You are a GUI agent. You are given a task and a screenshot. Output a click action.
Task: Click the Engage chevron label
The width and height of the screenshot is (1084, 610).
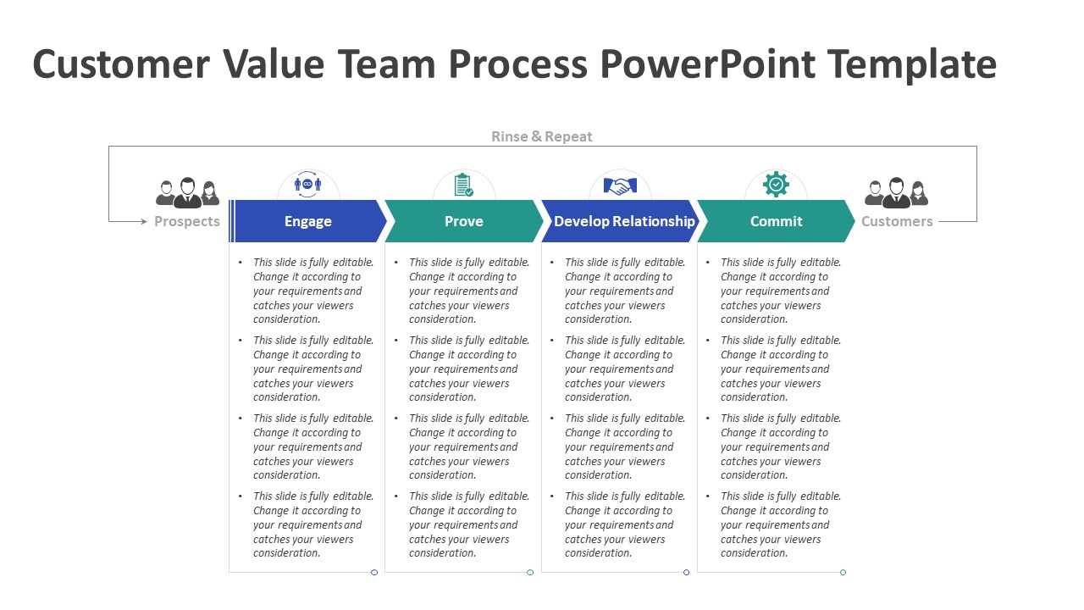[307, 221]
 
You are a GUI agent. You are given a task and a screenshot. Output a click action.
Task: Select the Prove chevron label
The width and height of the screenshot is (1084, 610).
[463, 221]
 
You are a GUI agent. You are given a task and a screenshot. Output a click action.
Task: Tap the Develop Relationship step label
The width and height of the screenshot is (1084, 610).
[624, 221]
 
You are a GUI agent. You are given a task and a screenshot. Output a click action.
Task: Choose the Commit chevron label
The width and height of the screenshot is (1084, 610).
[776, 221]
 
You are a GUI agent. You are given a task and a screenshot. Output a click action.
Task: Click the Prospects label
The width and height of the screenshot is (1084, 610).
[187, 221]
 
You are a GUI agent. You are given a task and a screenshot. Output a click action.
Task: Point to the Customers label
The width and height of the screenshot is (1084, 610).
[897, 221]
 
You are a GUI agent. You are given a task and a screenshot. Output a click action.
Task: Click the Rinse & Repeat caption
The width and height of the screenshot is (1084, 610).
[542, 136]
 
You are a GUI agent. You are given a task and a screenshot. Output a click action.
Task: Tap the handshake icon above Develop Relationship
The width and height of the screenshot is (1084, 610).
[620, 186]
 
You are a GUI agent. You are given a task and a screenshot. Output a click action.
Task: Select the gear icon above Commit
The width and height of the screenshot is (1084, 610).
[776, 185]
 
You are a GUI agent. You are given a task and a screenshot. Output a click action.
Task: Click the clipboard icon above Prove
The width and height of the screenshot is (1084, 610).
[463, 185]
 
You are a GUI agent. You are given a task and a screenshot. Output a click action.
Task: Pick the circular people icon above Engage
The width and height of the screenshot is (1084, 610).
[307, 184]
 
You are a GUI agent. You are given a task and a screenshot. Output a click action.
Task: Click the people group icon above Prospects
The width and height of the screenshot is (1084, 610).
[187, 193]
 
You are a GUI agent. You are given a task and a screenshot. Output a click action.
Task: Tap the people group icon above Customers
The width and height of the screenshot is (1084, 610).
[896, 193]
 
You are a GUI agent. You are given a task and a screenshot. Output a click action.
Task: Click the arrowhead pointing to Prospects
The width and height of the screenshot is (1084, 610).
[143, 221]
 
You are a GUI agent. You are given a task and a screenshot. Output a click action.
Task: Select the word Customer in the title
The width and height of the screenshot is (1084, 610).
[121, 64]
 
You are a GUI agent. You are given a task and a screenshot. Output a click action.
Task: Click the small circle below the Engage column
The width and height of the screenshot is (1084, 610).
[374, 573]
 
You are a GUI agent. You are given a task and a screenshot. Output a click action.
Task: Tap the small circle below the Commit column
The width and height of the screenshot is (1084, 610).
[843, 573]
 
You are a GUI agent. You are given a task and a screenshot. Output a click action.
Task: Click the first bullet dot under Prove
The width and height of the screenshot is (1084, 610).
[396, 263]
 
